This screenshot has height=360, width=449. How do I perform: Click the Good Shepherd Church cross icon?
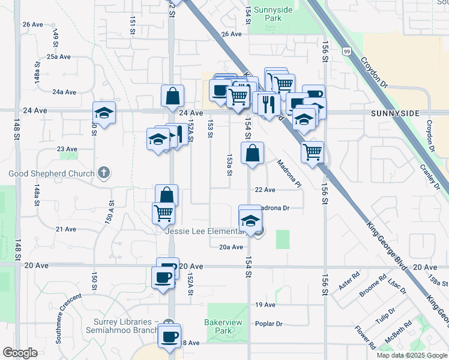pos(104,173)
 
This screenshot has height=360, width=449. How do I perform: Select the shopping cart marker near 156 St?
pos(313,152)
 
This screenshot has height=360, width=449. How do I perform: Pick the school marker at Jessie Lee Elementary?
pos(250,218)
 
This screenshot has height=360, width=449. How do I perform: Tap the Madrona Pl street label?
pos(289,173)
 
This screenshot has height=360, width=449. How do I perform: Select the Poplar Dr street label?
pos(268,324)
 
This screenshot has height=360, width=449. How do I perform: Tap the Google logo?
pos(20,352)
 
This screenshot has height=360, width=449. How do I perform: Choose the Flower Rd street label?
pos(364,337)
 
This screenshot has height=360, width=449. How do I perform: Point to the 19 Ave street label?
pos(265,305)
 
